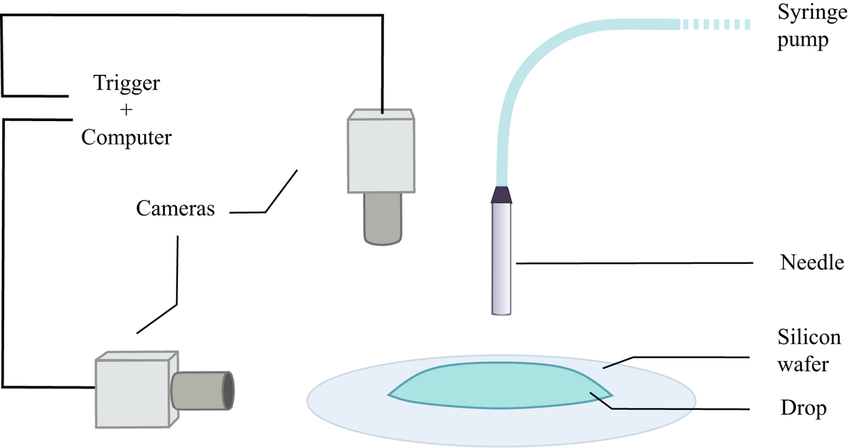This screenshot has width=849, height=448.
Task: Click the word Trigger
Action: [x=126, y=84]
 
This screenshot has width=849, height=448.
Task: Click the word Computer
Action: [x=126, y=137]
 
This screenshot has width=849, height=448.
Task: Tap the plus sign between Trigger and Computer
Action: [x=126, y=110]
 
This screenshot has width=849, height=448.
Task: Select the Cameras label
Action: [x=175, y=208]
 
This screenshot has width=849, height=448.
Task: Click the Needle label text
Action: [x=812, y=263]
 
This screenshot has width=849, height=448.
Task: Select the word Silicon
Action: [x=809, y=338]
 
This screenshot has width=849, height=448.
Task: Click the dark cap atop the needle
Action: [x=501, y=195]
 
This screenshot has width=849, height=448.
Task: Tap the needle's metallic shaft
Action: [x=501, y=258]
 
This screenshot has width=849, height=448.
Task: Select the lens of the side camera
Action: [x=202, y=390]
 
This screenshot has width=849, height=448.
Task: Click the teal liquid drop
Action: [x=496, y=386]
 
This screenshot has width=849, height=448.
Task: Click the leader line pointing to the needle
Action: [x=635, y=263]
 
